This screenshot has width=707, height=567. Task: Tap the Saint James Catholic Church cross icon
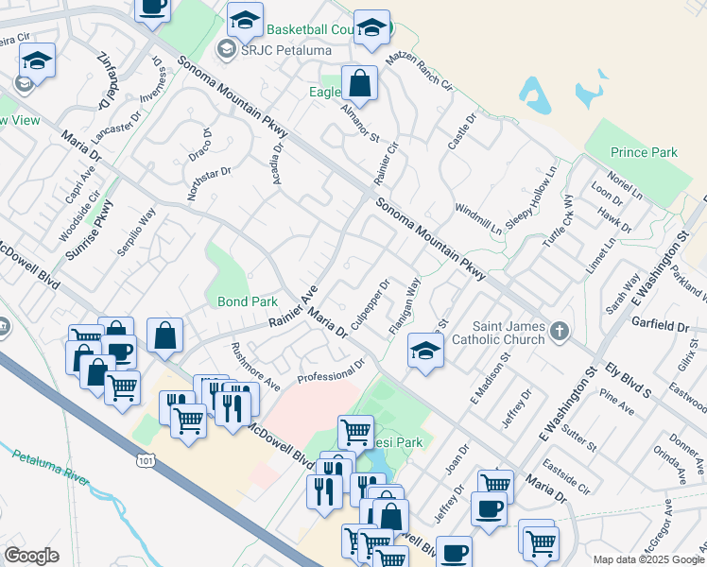560,332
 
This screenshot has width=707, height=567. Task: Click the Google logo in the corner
31,556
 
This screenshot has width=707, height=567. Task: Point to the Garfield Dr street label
662,326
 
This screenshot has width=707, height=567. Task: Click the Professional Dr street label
331,371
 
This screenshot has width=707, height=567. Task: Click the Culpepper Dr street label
370,304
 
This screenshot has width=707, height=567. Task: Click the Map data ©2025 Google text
647,559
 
